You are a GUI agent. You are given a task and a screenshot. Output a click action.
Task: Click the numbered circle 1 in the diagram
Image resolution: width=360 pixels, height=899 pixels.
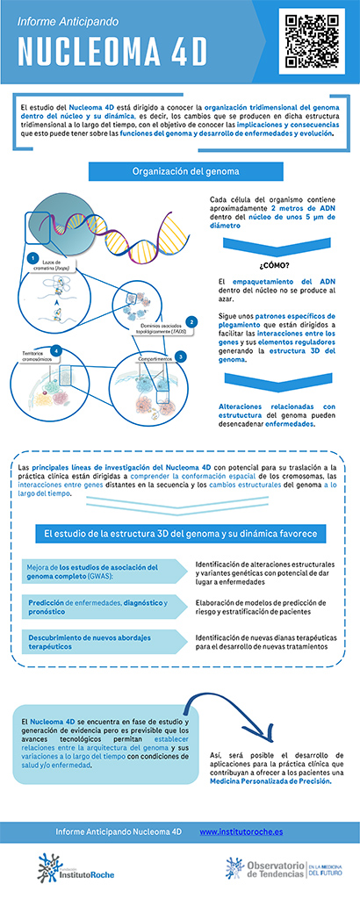[32, 258]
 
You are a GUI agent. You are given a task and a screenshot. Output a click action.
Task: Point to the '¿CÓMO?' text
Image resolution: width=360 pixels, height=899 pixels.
[276, 263]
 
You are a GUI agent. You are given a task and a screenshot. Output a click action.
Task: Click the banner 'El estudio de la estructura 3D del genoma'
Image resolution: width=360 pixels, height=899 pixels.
[180, 533]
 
